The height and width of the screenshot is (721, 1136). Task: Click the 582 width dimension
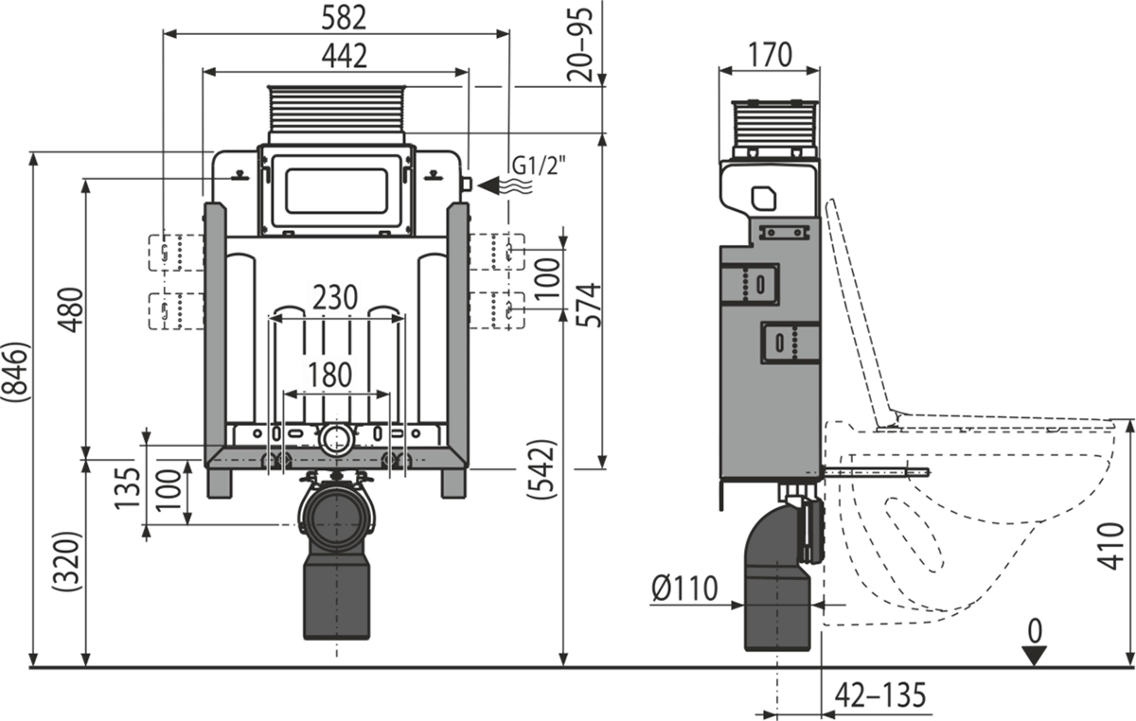click(x=344, y=16)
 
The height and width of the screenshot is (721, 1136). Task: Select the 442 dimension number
click(x=344, y=56)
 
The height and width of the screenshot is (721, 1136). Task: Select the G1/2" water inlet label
click(x=539, y=168)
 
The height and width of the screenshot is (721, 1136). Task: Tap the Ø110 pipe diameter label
click(x=684, y=589)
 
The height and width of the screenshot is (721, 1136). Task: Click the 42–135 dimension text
click(x=879, y=696)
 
